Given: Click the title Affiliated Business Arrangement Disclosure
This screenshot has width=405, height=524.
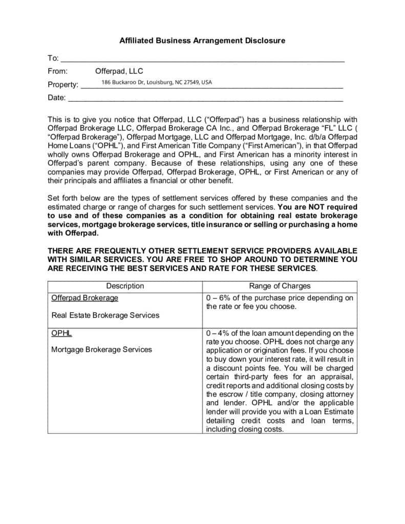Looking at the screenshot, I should [x=202, y=40].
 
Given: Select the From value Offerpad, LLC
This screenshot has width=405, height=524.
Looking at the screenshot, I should [x=119, y=71].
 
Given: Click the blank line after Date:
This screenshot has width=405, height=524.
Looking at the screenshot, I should [x=205, y=98].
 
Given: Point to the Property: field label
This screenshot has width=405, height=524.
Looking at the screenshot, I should [x=63, y=84].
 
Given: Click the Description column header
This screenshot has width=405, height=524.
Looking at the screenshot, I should [x=125, y=286].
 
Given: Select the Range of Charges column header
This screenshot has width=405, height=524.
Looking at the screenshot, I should [x=280, y=286].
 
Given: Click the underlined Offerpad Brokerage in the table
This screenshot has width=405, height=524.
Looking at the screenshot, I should [x=84, y=298].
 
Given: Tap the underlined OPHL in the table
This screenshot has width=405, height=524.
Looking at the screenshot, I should [x=61, y=333].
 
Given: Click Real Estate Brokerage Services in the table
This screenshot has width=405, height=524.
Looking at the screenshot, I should [x=105, y=315].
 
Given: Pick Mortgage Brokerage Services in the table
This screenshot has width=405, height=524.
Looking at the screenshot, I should [x=101, y=350].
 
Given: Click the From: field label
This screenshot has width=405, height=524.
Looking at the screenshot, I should [x=57, y=71].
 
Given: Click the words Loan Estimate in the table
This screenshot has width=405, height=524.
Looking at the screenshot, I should [x=328, y=412].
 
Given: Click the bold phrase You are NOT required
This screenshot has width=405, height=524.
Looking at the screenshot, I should [x=314, y=207].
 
